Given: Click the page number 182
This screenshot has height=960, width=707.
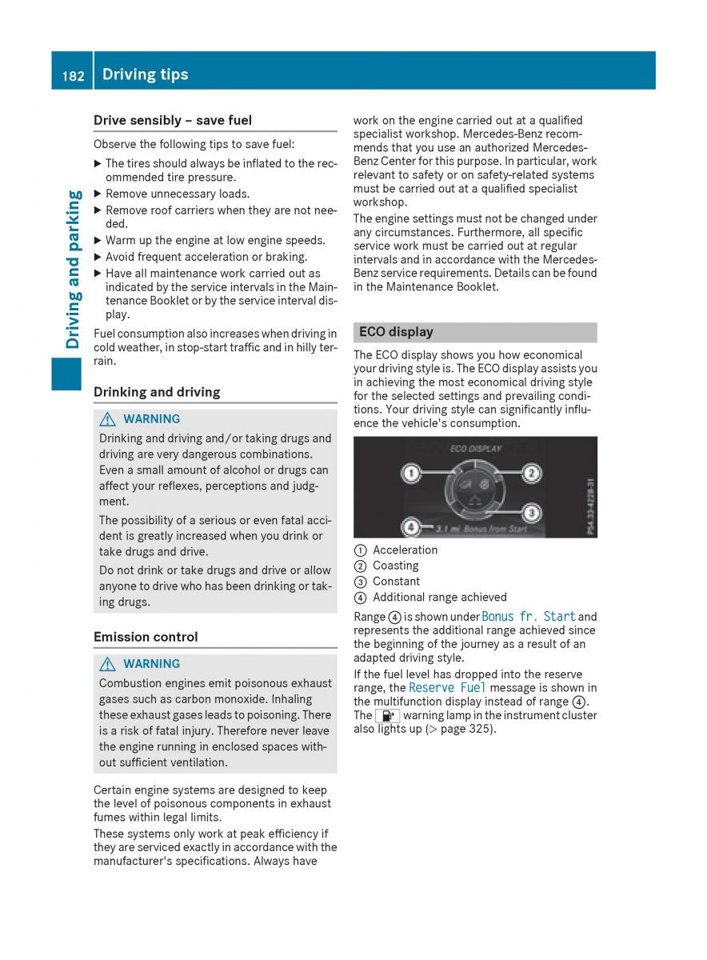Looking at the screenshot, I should click(x=73, y=75).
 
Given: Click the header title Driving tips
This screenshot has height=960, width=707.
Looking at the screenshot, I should click(x=145, y=74).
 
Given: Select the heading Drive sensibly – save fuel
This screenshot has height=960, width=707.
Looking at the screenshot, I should click(x=173, y=121).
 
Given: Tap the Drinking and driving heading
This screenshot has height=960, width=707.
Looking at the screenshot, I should click(x=157, y=392).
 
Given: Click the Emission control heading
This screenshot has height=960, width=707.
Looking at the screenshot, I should click(x=146, y=637).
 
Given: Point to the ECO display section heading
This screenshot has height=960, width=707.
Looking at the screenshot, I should click(x=397, y=332).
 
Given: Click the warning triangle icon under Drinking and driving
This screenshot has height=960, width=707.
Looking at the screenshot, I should click(x=108, y=419).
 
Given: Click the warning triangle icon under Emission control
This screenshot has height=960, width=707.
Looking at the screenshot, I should click(x=108, y=664).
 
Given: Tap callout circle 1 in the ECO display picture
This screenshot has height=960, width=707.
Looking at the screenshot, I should click(x=411, y=474).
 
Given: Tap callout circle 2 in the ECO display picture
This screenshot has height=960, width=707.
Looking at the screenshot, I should click(x=531, y=474).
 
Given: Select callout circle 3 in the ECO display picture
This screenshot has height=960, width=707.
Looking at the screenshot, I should click(x=531, y=512).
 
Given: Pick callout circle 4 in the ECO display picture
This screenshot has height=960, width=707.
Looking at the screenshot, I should click(x=411, y=527).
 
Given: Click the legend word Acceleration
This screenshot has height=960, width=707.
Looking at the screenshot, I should click(x=405, y=550).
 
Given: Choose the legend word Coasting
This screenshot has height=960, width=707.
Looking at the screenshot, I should click(x=396, y=566).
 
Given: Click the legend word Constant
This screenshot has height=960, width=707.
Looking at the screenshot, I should click(x=397, y=582).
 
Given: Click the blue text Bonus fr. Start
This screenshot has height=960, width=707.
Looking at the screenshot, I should click(x=529, y=617).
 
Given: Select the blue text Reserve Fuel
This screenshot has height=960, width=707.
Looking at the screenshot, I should click(x=447, y=688).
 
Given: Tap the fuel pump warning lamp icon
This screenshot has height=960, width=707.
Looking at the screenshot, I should click(x=387, y=716).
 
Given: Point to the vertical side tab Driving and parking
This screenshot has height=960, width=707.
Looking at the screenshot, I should click(x=73, y=269).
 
